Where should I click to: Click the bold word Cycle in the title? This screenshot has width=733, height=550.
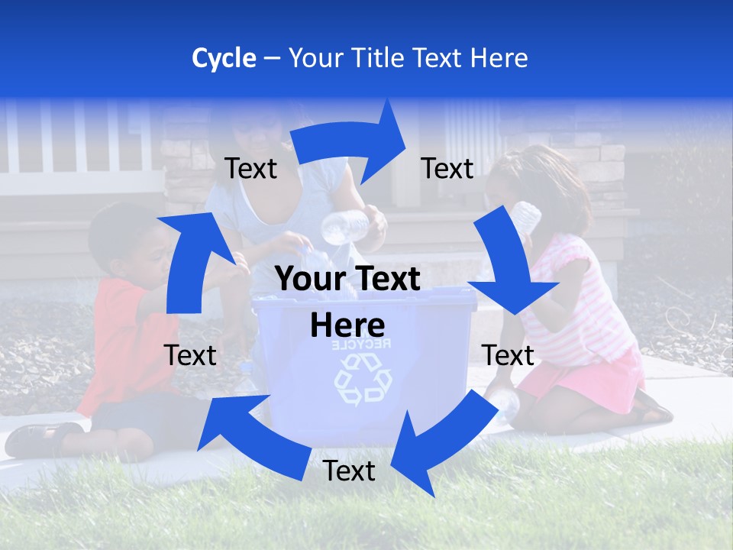[224, 58]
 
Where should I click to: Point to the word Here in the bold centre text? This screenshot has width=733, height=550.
[347, 325]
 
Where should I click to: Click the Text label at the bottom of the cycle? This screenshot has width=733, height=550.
[349, 471]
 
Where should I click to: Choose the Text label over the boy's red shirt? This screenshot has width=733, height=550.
[190, 355]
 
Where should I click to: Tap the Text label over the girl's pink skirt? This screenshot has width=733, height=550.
[508, 355]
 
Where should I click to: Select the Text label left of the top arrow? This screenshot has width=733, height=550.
[250, 169]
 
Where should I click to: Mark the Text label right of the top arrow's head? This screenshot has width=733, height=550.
[447, 169]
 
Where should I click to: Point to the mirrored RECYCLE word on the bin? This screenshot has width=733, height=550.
[361, 345]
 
